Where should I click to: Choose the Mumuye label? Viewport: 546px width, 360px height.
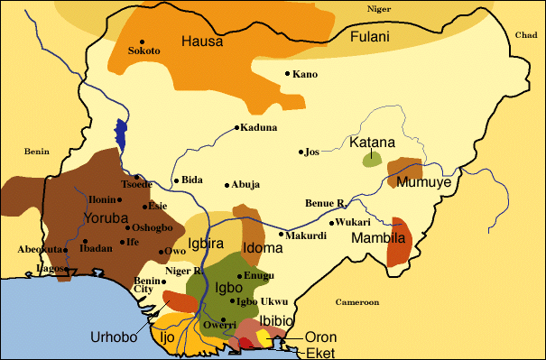423,182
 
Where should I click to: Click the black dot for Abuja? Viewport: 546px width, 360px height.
227,184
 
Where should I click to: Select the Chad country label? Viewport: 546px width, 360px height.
524,35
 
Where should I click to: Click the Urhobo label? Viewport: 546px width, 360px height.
114,337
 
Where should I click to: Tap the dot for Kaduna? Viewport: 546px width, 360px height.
236,127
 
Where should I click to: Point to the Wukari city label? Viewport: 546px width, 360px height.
353,222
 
